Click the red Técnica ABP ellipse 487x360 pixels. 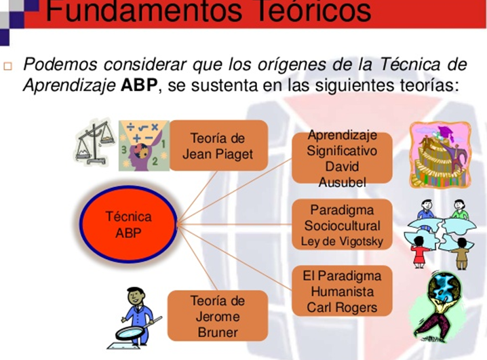128,224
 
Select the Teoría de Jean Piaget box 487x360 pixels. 218,146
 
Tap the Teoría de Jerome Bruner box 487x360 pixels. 218,316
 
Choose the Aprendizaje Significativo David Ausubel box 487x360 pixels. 342,158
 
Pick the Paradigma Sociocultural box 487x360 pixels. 342,224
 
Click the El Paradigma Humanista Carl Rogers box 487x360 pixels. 342,291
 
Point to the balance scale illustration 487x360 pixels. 94,142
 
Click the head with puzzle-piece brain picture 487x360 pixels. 144,146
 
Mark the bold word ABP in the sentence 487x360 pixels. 139,85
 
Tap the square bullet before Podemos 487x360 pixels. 7,66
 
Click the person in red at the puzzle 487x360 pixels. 419,252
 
